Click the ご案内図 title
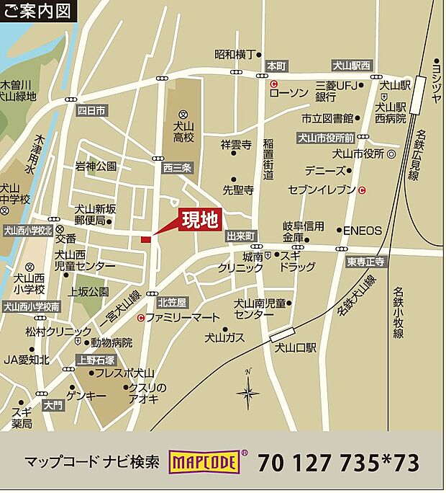coord(37,12)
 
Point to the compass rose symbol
coord(248,393)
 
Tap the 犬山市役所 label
coord(359,154)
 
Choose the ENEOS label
coord(362,231)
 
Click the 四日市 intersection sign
coord(91,110)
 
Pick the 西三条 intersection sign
coord(177,168)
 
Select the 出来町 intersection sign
coord(241,236)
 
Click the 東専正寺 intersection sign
coord(367,262)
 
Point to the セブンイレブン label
coord(322,190)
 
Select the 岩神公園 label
coord(96,166)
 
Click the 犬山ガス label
coord(224,337)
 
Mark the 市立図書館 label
coord(327,117)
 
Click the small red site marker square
coord(145,239)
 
